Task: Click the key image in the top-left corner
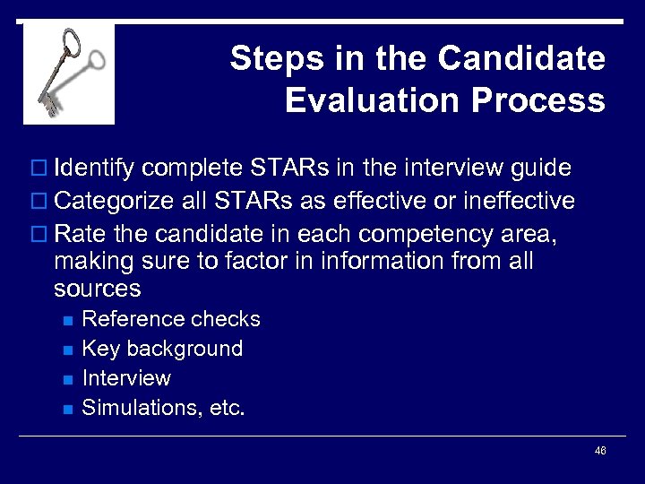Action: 69,73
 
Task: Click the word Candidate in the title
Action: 521,58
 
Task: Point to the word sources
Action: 97,289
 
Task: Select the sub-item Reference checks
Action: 170,320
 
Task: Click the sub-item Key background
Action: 161,349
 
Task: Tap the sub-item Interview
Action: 125,378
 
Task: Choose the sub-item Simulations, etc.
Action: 163,408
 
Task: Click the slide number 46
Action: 600,451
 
